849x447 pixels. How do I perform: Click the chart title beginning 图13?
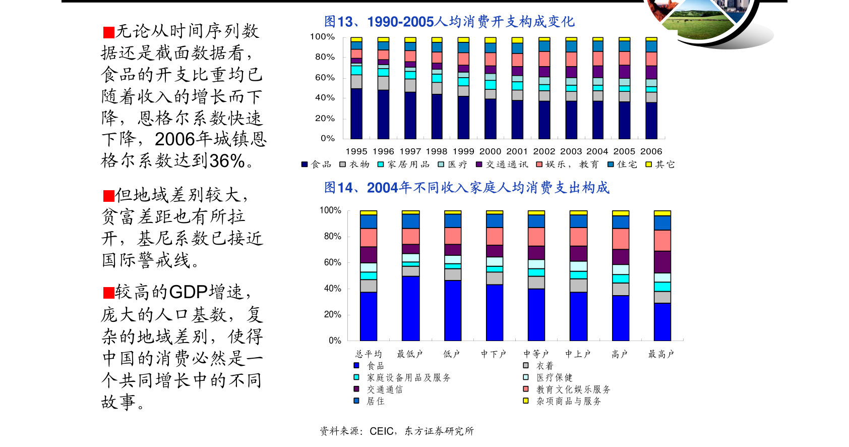click(x=449, y=22)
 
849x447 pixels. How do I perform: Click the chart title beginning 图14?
click(x=466, y=188)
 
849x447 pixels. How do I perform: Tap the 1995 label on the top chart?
click(x=356, y=151)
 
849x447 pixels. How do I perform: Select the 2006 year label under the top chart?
click(x=651, y=151)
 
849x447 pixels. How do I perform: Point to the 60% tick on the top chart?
click(x=325, y=78)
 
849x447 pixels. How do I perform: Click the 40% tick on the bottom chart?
click(x=332, y=289)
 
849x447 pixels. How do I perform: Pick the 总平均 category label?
click(x=369, y=354)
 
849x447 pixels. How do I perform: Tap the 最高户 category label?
click(x=661, y=354)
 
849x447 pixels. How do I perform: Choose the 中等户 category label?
click(x=536, y=354)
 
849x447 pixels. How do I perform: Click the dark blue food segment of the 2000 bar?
click(x=490, y=119)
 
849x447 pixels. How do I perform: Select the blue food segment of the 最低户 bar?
click(x=410, y=308)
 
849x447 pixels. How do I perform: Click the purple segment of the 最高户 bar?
click(x=662, y=262)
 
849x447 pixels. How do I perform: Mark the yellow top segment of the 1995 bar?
click(x=356, y=39)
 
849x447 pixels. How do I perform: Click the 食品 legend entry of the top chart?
click(x=317, y=164)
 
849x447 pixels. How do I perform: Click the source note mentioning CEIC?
click(x=397, y=431)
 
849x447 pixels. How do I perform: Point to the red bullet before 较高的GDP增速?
click(x=108, y=293)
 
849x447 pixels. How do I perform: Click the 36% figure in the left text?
click(x=227, y=161)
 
